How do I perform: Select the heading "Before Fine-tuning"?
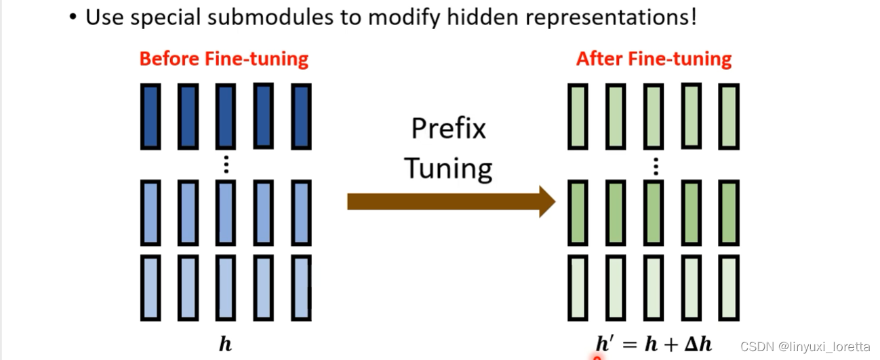point(224,59)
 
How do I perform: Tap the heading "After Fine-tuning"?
point(654,59)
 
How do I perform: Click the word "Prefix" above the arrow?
point(448,127)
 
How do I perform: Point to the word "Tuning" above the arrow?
point(448,168)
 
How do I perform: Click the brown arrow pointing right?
point(450,201)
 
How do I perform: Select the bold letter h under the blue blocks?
point(225,344)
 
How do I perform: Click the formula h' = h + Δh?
point(654,344)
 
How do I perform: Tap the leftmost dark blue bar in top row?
point(151,116)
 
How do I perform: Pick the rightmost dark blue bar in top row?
point(301,116)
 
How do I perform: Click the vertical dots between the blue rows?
point(226,165)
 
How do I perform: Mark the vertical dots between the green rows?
point(655,165)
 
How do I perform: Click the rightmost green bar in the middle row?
point(729,213)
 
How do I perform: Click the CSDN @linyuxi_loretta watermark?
point(805,346)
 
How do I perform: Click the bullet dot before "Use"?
point(73,18)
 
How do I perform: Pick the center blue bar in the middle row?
point(226,213)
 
